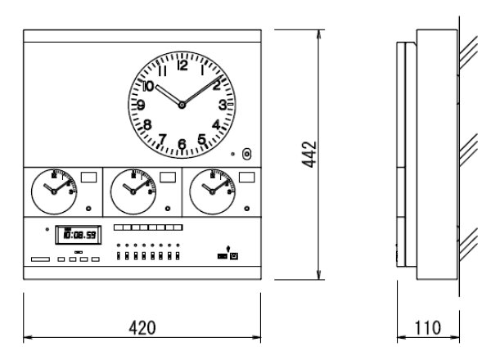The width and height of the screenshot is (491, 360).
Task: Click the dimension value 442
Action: [309, 153]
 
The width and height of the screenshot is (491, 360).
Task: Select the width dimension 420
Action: [143, 327]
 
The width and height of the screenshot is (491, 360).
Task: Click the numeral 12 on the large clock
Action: [182, 66]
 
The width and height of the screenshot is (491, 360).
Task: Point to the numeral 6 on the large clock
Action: [182, 145]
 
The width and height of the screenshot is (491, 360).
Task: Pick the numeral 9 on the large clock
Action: [142, 106]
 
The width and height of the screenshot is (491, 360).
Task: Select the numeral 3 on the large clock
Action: [222, 106]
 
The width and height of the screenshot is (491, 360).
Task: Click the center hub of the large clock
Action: [182, 106]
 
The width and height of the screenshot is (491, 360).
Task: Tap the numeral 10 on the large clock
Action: [148, 85]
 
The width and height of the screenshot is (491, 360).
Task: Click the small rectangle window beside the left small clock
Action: [89, 177]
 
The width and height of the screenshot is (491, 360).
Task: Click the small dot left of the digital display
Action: [47, 230]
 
